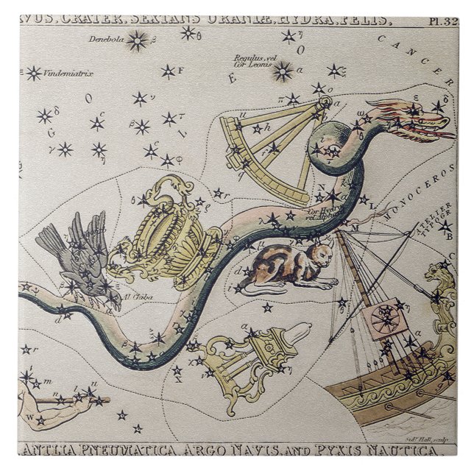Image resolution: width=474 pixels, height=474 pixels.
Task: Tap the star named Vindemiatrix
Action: pyautogui.click(x=34, y=73)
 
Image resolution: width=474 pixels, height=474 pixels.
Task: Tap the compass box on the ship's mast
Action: pyautogui.click(x=383, y=319)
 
